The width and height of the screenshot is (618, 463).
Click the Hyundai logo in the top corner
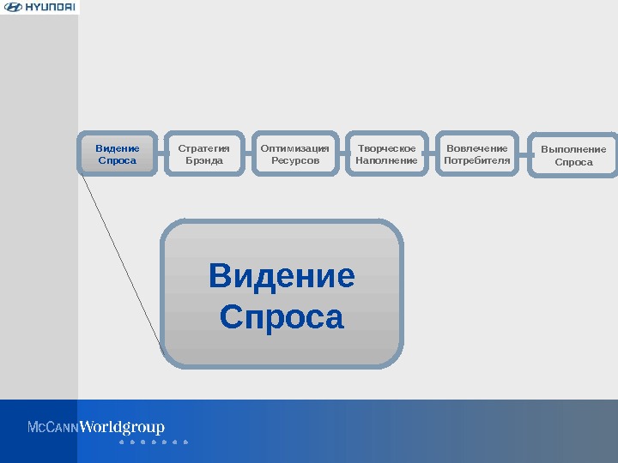point(39,8)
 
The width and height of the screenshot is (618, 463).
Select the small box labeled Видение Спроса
point(118,153)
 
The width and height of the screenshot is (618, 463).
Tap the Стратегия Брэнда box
point(204,153)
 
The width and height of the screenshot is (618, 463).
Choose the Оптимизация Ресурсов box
point(294,153)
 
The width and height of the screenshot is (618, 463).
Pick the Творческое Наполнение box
point(386,153)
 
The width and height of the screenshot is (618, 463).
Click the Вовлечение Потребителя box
point(477,153)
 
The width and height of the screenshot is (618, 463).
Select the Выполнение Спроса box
point(573,155)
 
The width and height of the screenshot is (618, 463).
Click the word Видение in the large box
point(282,277)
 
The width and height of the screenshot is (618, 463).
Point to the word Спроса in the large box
point(282,317)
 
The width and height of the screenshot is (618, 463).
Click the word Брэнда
point(204,160)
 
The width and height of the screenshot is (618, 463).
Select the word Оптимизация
point(294,147)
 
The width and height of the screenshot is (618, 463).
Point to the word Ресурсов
point(294,160)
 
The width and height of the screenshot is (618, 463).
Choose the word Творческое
point(386,147)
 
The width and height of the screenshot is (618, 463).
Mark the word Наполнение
point(386,160)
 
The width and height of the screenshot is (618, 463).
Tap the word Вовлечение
point(477,147)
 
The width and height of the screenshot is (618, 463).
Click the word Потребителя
point(477,160)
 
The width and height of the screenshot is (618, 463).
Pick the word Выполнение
point(573,149)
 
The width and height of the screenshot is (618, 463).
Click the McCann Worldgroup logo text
point(96,428)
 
